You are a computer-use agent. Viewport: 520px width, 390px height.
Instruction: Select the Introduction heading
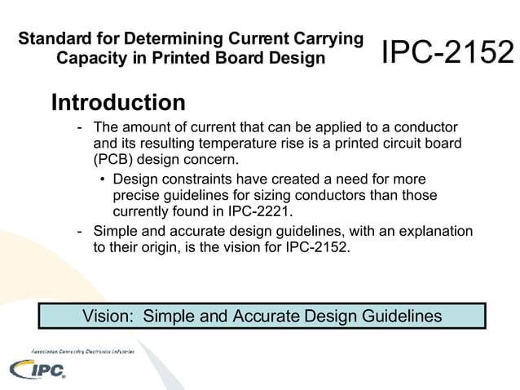pos(118,104)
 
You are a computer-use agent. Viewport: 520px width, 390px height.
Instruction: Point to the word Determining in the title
pos(174,38)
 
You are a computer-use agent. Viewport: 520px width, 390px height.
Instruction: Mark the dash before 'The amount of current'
pos(79,128)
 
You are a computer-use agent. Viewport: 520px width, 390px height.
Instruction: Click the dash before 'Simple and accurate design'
pos(79,232)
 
